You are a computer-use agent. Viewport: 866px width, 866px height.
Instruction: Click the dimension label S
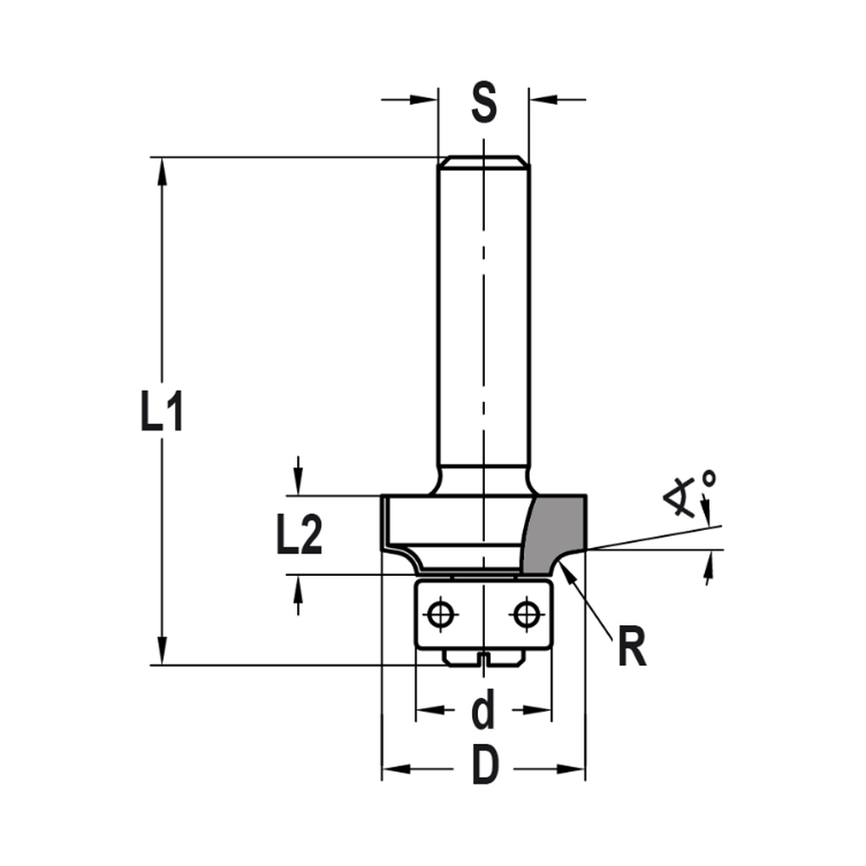(x=483, y=103)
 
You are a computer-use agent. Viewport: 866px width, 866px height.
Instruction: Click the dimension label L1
(x=162, y=414)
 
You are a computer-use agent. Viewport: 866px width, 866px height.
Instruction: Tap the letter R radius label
(x=632, y=649)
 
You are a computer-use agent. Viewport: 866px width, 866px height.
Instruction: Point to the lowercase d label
(x=482, y=712)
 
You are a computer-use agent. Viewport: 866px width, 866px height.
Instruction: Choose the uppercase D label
(x=485, y=766)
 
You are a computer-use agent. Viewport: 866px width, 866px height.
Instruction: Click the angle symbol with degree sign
(x=691, y=493)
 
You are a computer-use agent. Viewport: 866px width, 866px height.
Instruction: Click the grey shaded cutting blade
(x=554, y=533)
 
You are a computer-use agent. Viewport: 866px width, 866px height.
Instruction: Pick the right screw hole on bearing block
(x=525, y=614)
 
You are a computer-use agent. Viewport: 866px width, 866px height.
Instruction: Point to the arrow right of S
(x=541, y=100)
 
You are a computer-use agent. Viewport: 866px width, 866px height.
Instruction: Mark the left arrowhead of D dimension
(x=394, y=768)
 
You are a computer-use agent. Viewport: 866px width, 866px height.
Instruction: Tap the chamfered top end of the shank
(x=483, y=160)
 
